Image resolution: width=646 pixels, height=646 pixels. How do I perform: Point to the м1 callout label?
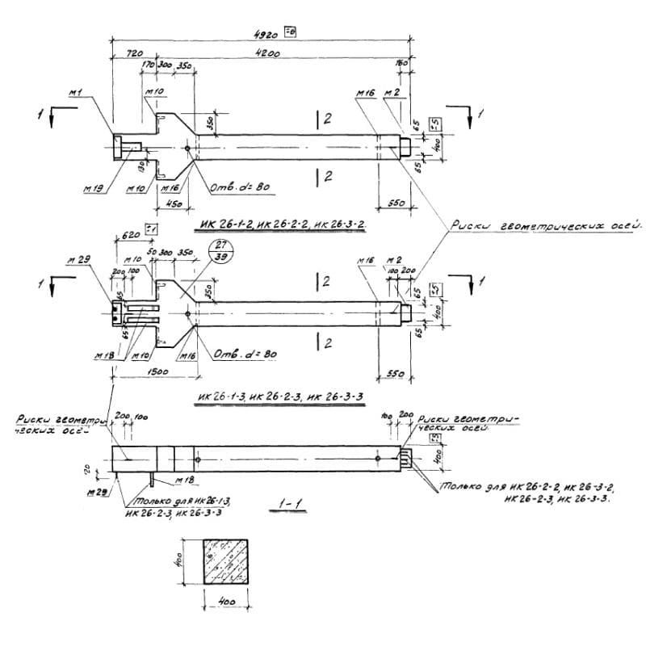[77, 94]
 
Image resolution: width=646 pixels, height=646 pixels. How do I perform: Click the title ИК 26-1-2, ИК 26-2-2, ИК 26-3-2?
[277, 224]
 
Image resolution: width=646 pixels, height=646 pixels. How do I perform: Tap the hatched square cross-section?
[226, 564]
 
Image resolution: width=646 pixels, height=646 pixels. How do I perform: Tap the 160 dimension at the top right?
[401, 63]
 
